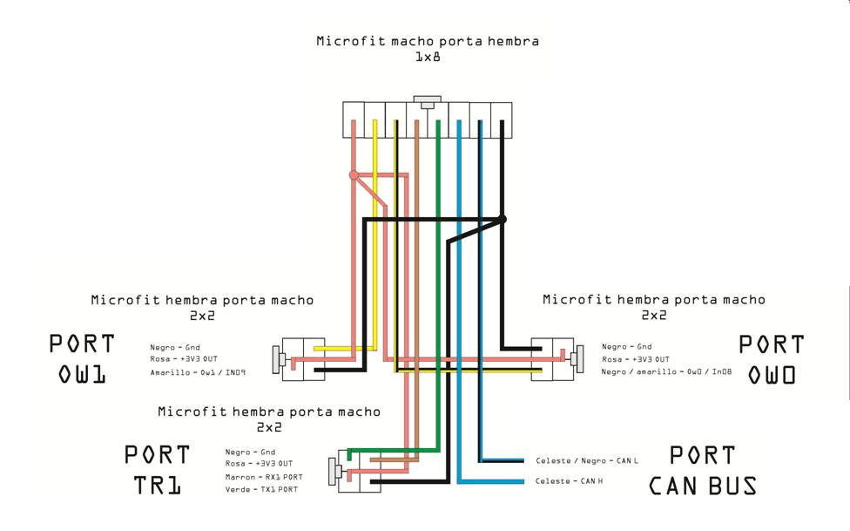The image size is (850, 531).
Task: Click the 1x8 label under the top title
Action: (428, 57)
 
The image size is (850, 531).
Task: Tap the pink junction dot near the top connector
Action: (354, 175)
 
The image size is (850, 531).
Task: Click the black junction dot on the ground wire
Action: (502, 220)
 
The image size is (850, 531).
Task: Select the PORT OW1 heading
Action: (82, 359)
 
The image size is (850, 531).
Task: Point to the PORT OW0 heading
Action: (772, 359)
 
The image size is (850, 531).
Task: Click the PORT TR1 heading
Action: (158, 470)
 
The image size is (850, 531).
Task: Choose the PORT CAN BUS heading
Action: (703, 470)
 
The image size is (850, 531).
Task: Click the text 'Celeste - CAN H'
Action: (569, 481)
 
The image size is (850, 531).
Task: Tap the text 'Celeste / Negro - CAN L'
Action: (586, 461)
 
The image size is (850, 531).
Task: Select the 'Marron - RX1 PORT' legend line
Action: (264, 477)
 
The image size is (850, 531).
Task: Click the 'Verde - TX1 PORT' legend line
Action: (261, 490)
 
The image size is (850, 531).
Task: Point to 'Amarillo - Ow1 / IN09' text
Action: (198, 372)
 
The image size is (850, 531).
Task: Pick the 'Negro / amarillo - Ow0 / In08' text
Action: (666, 372)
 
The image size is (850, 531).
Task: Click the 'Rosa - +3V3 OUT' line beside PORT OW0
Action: (636, 359)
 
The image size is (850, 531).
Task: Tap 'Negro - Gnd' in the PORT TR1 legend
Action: (251, 453)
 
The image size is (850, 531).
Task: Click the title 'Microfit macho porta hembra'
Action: (428, 41)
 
